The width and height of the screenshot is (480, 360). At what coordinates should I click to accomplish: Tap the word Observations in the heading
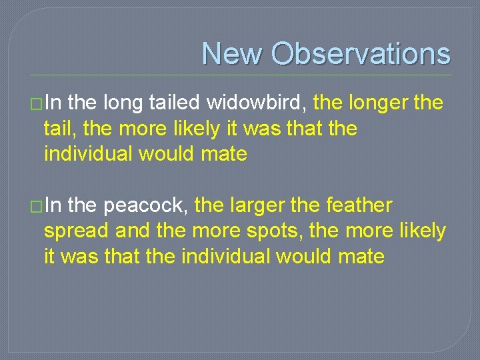361,53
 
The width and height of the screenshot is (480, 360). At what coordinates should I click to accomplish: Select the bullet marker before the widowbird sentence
36,104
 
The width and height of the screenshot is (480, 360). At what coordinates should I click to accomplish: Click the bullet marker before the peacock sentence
36,207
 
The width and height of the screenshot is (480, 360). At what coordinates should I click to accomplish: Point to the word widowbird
257,103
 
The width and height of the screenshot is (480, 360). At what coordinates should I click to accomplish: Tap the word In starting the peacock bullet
55,206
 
